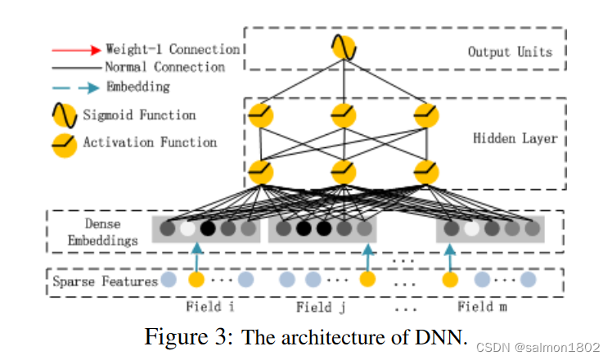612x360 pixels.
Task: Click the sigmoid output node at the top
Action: point(342,48)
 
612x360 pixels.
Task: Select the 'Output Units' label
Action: point(510,52)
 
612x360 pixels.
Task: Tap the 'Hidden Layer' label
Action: point(515,138)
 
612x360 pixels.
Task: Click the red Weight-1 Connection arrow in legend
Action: point(74,49)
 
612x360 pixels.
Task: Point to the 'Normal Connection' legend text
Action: point(164,67)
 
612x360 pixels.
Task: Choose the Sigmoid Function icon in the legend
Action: point(65,115)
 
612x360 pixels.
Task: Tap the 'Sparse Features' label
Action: point(105,281)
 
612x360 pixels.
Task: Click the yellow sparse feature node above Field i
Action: point(196,280)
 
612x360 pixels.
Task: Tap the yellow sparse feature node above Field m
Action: point(450,280)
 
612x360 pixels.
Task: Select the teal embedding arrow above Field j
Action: point(367,256)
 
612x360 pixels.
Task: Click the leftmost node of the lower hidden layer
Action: point(260,172)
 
